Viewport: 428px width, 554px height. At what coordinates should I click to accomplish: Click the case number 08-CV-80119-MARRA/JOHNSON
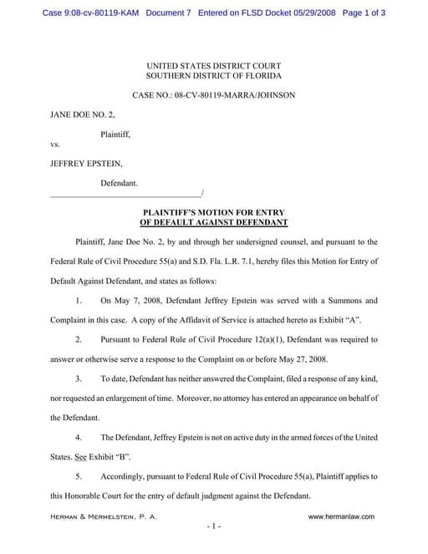[x=234, y=95]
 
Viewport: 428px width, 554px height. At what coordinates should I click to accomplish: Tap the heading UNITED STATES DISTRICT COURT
[x=213, y=65]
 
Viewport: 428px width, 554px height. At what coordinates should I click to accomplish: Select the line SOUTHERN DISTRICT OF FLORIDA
[x=213, y=76]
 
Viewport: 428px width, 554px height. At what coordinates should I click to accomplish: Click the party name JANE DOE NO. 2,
[x=83, y=114]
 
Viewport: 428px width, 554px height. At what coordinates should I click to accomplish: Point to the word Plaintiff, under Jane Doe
[x=115, y=133]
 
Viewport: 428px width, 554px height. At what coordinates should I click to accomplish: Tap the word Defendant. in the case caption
[x=120, y=182]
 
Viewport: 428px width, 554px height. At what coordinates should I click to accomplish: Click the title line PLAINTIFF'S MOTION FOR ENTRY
[x=213, y=213]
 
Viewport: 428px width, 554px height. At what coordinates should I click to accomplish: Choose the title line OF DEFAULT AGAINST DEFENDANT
[x=213, y=223]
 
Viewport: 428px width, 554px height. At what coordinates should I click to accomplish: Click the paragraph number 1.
[x=78, y=300]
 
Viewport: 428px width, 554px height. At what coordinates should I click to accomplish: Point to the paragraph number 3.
[x=78, y=379]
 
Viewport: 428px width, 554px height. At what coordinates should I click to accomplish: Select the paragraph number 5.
[x=78, y=476]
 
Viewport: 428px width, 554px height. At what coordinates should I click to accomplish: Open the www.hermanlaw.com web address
[x=341, y=516]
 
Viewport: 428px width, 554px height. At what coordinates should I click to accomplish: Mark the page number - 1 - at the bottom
[x=213, y=527]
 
